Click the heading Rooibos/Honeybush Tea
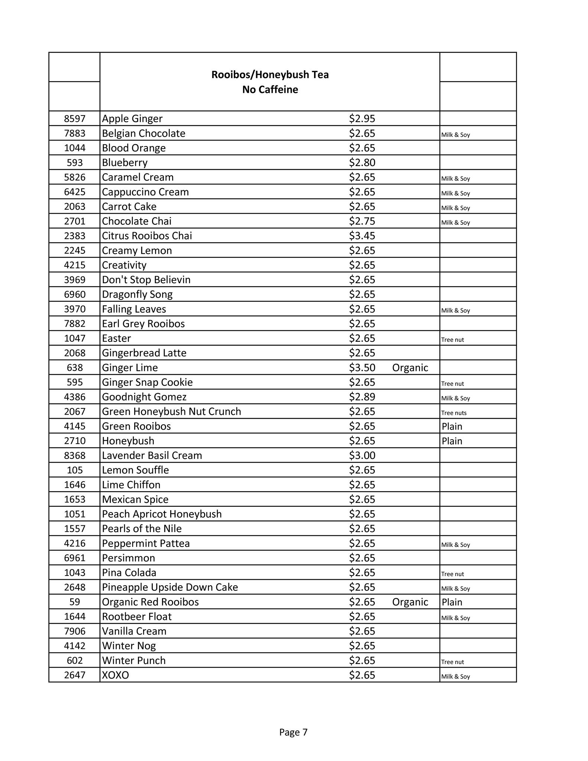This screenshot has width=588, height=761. pos(270,75)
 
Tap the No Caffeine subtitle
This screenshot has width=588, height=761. pos(270,90)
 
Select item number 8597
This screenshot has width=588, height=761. pos(75,119)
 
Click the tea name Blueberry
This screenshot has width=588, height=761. pos(125,163)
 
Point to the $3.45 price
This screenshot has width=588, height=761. pos(362,236)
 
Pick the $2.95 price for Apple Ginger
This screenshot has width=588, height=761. pos(362,119)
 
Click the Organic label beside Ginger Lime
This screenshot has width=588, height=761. pos(410,368)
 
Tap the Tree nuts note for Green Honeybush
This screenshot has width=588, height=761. pos(454,413)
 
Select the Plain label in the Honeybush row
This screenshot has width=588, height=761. pos(452,441)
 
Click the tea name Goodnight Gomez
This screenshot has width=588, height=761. pos(144,397)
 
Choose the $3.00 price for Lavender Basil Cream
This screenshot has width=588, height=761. pos(362,456)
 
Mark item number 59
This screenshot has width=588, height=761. pos(75,602)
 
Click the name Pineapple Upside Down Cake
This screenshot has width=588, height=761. pos(170,587)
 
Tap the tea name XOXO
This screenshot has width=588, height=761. pos(116,675)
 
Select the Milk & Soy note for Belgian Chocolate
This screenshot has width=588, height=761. pos(456,135)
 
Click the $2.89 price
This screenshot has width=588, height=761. pos(362,397)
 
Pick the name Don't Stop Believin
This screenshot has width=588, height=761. pos(146,280)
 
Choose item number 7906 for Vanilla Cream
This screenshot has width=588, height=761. pos(75,631)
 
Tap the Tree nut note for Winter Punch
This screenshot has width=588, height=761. pos(453,662)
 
